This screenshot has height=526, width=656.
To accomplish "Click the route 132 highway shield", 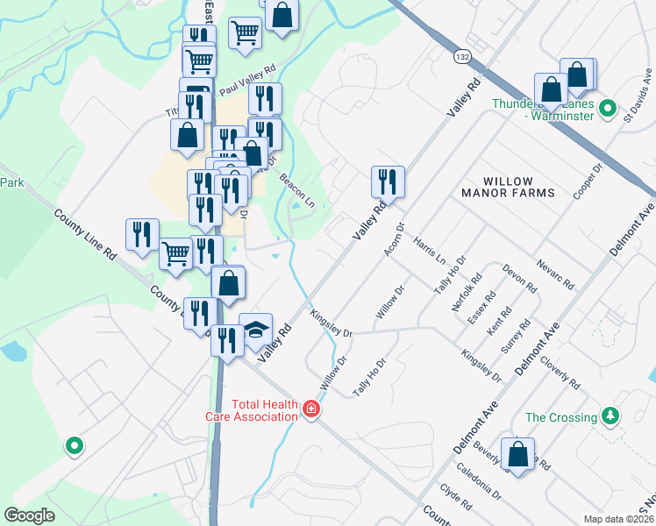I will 461,56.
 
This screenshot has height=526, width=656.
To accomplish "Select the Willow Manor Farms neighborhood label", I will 508,185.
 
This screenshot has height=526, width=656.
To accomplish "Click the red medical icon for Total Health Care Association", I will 310,409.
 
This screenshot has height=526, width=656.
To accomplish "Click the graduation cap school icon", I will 255,330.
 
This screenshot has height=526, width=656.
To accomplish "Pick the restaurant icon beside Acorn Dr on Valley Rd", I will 388,182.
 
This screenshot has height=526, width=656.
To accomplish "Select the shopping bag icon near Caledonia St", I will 518,455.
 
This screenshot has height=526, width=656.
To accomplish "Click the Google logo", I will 29,515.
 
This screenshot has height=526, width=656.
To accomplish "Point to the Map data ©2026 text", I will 617,519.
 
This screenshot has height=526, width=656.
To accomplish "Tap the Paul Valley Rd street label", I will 247,79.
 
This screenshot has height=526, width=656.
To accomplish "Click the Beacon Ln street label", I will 297,189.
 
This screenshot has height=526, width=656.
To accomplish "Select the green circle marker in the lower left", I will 75,446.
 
